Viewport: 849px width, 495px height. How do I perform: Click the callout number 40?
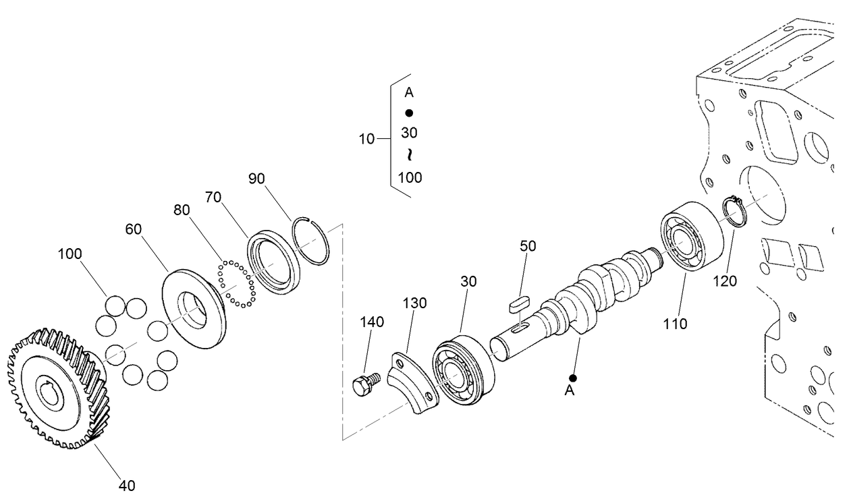click(127, 484)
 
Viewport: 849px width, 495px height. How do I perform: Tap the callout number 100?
click(70, 254)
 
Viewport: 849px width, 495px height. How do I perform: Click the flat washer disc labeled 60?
click(194, 308)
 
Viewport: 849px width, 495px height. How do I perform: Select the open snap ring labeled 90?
click(312, 240)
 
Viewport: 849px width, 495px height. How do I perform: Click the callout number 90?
click(256, 179)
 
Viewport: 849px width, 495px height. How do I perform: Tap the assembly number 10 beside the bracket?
click(366, 140)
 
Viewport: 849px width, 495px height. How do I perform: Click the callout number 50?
click(528, 246)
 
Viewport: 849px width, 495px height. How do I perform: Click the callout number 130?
click(415, 303)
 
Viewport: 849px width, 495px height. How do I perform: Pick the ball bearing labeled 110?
click(691, 237)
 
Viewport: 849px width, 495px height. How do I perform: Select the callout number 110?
click(675, 324)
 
